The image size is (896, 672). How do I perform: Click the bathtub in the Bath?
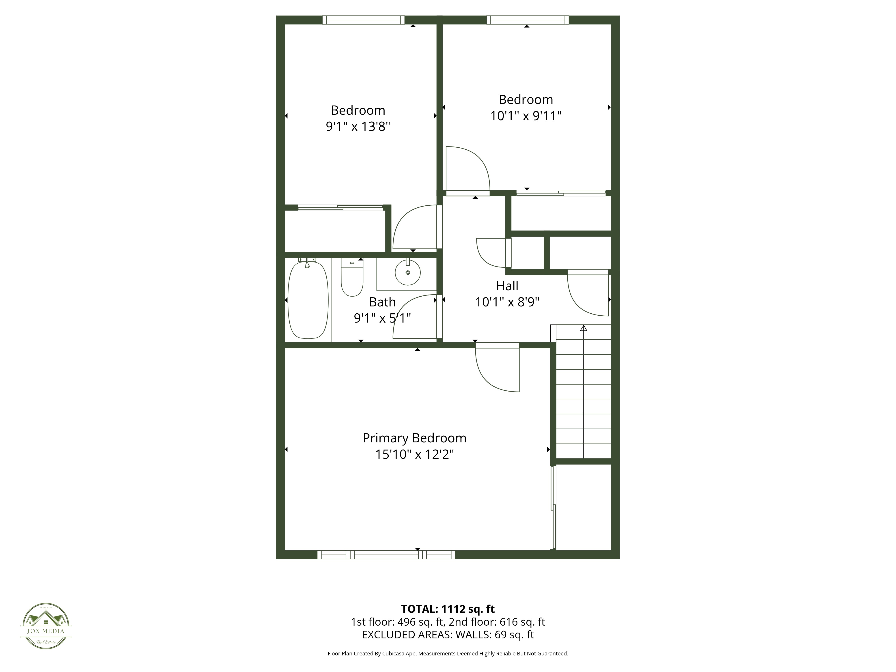click(x=308, y=300)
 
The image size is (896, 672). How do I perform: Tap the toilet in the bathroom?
click(x=352, y=278)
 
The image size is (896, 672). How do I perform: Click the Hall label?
click(x=507, y=286)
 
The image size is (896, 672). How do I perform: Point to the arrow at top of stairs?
click(x=583, y=328)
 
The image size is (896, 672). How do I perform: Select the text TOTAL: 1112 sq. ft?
click(x=448, y=609)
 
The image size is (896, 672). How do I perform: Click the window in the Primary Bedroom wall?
click(x=386, y=555)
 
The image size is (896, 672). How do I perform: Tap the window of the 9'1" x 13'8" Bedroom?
click(x=363, y=20)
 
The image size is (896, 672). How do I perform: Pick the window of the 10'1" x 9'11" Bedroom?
click(x=527, y=20)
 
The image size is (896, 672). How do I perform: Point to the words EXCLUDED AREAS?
click(x=406, y=635)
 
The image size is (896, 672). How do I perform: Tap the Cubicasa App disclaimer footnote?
click(x=448, y=653)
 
